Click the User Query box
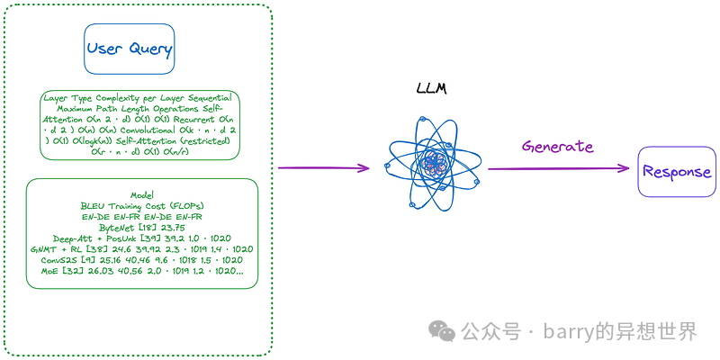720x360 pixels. (129, 49)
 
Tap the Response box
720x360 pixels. (675, 171)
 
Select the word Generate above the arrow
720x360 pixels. (558, 146)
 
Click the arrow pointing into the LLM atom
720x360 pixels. (324, 167)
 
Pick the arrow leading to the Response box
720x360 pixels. (558, 167)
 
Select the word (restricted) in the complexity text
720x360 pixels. (200, 140)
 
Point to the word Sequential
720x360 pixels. (206, 97)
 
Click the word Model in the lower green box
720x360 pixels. (142, 195)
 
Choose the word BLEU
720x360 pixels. (94, 206)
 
